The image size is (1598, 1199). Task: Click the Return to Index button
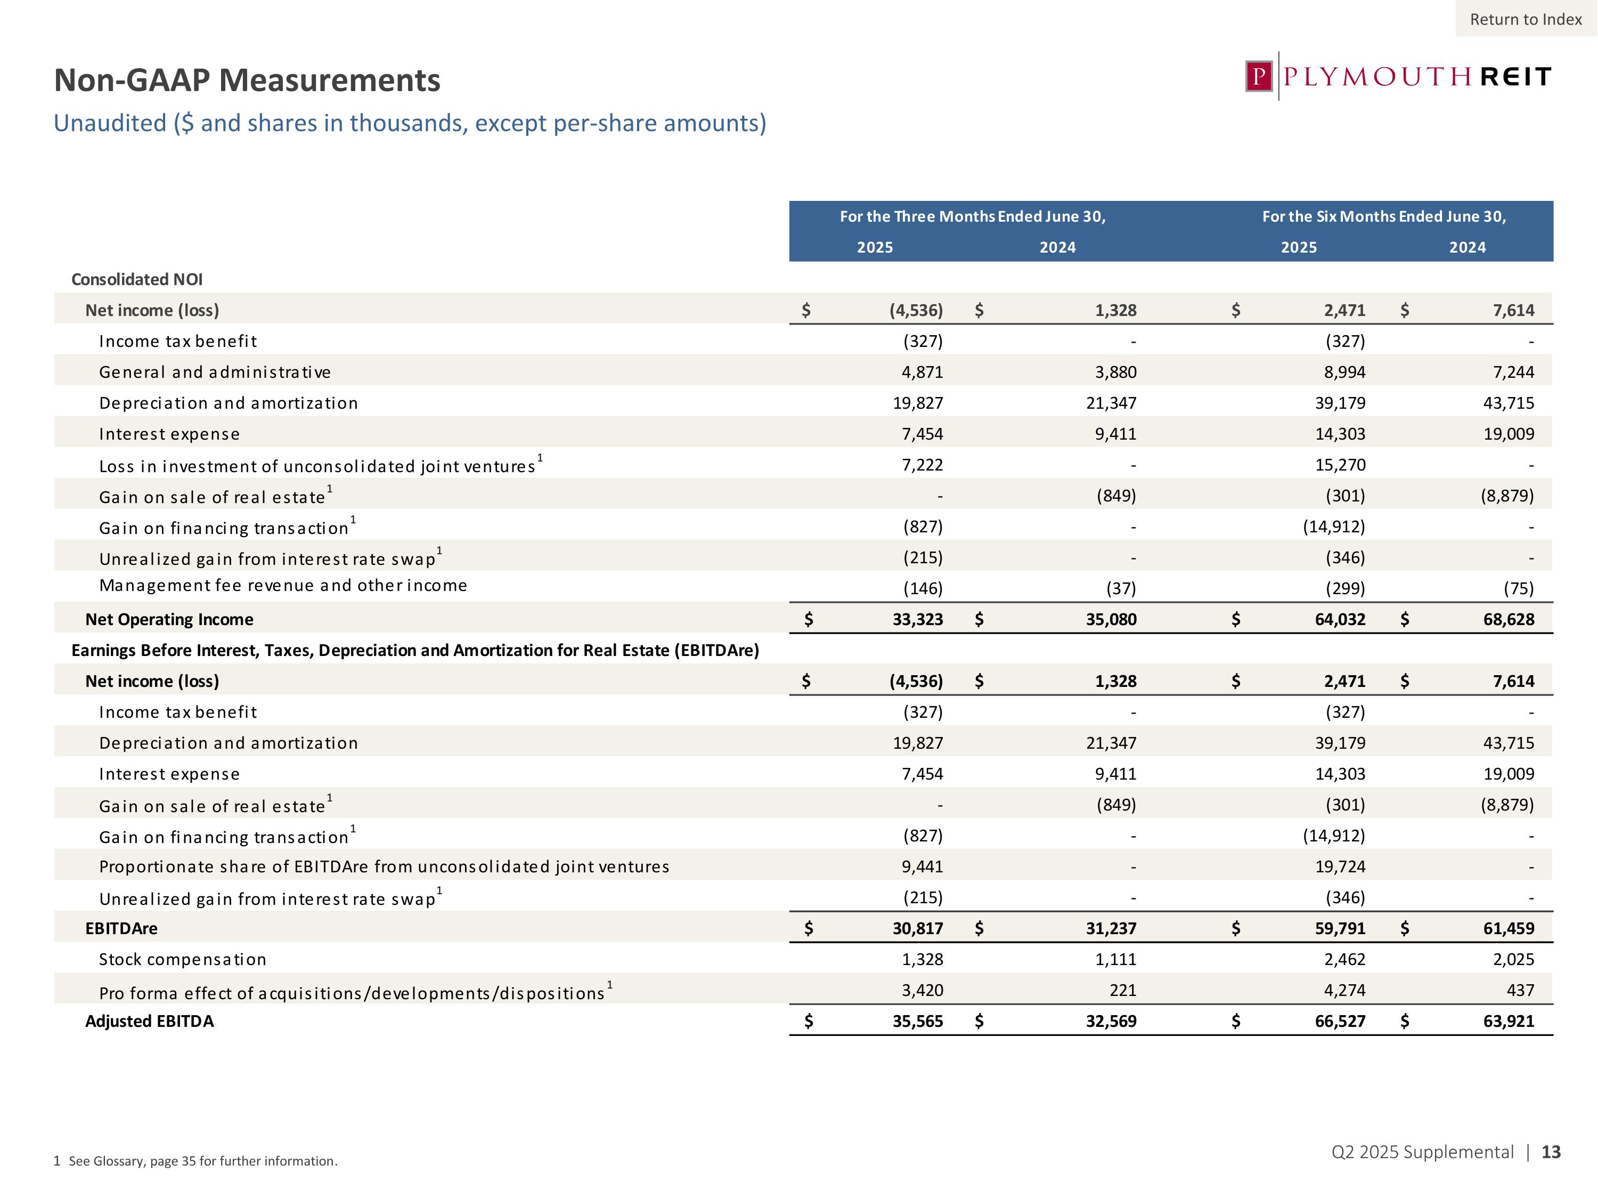1526,20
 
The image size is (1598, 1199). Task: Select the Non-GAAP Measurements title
247,80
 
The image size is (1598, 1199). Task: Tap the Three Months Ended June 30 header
972,217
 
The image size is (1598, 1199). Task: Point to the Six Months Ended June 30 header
1383,217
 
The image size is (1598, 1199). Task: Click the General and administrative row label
215,372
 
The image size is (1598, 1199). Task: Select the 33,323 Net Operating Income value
917,619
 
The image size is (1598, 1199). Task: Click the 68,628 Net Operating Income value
1509,619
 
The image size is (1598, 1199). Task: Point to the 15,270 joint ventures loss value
1340,465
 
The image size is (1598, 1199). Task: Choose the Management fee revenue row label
282,586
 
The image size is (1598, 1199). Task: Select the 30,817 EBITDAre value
917,929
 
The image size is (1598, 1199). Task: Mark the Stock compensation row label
182,960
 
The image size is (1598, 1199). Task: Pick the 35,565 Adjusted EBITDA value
917,1021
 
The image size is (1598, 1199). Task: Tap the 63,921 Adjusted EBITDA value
1509,1021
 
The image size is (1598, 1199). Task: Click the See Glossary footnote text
202,1161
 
